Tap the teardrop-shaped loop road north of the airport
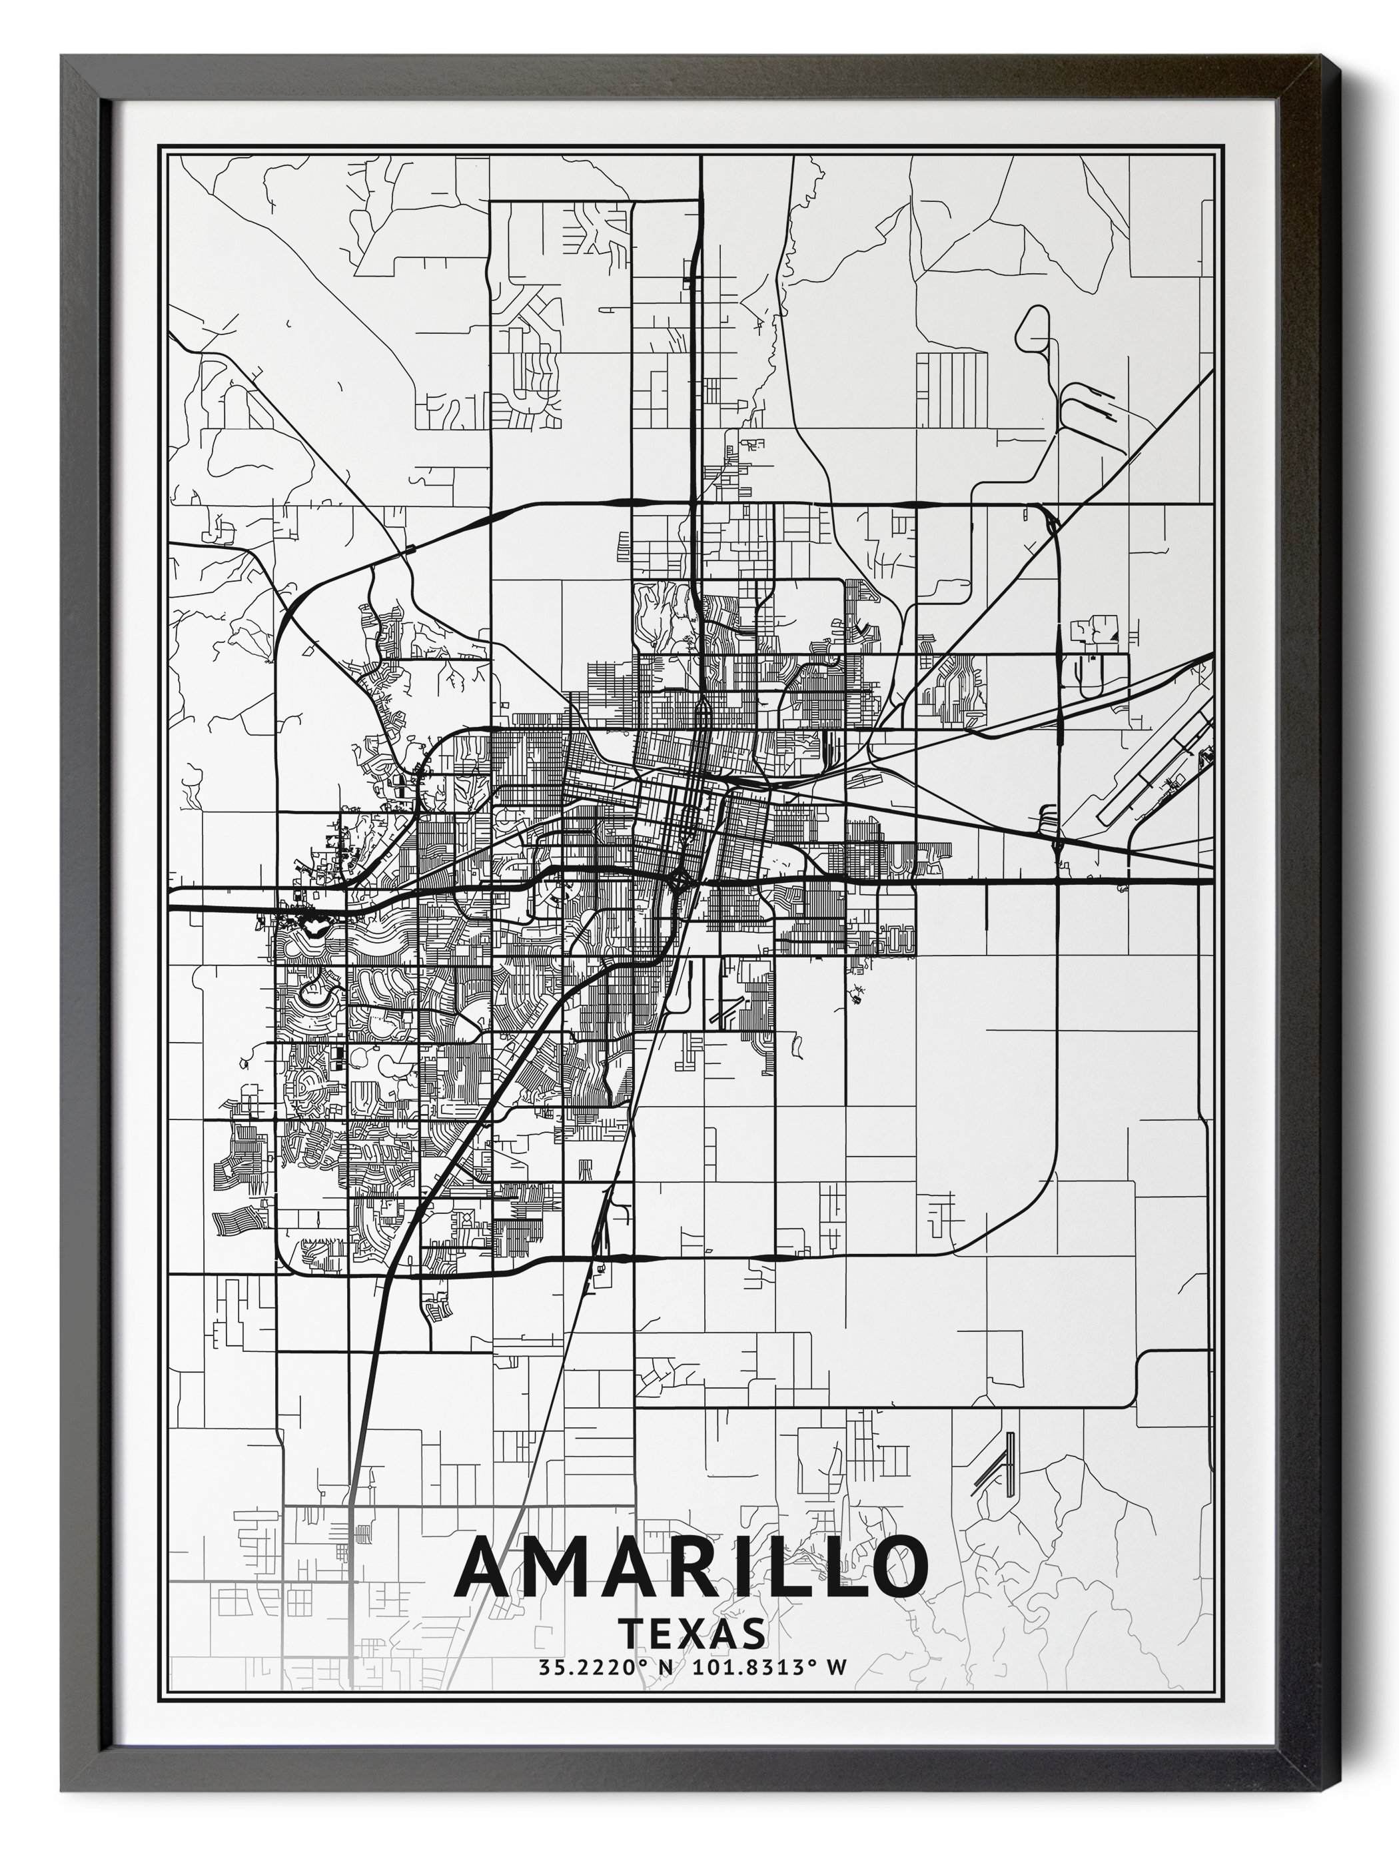click(x=1035, y=331)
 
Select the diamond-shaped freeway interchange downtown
click(x=681, y=879)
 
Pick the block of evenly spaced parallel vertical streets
click(x=952, y=381)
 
